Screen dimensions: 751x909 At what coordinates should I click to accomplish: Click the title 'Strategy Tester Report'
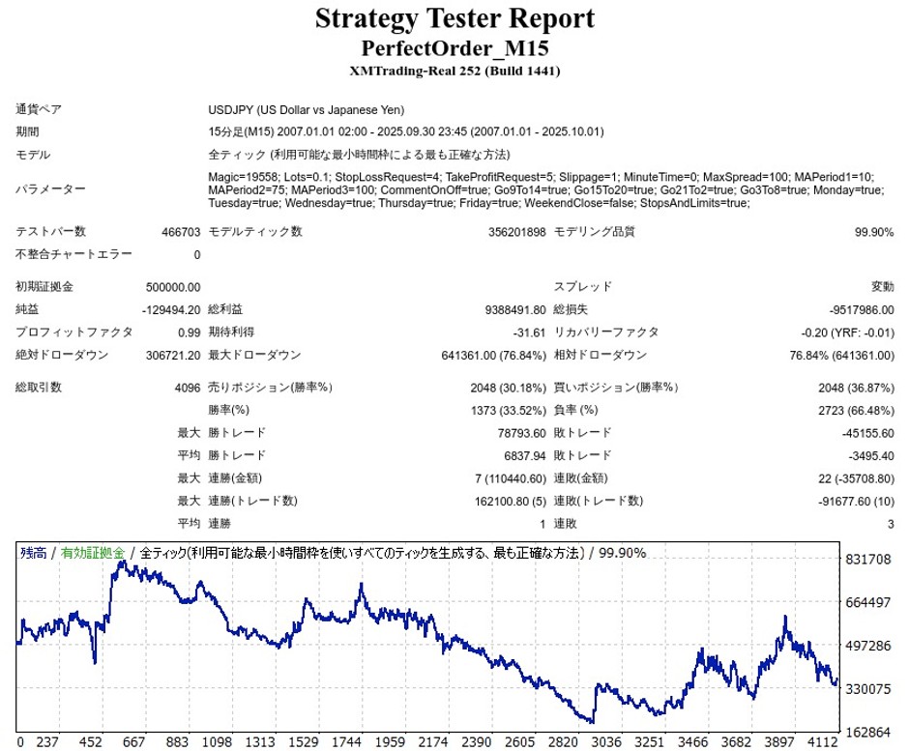pyautogui.click(x=454, y=19)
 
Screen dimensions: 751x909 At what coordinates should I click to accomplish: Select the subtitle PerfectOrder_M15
pyautogui.click(x=454, y=47)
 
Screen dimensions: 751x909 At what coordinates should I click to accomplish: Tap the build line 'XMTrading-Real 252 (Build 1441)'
pyautogui.click(x=454, y=71)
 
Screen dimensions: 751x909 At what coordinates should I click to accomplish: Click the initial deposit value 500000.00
pyautogui.click(x=172, y=287)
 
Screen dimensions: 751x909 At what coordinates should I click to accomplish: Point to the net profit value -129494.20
pyautogui.click(x=171, y=309)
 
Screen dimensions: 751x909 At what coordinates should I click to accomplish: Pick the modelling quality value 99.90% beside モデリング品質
pyautogui.click(x=871, y=232)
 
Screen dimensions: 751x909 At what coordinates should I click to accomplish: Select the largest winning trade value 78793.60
pyautogui.click(x=515, y=433)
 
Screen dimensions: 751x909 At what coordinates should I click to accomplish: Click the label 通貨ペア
pyautogui.click(x=39, y=109)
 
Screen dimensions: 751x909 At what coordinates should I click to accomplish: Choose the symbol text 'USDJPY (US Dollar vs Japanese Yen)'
pyautogui.click(x=307, y=109)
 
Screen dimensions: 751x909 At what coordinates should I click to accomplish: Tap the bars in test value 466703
pyautogui.click(x=181, y=232)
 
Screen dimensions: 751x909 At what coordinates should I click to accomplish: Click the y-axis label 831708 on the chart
pyautogui.click(x=867, y=561)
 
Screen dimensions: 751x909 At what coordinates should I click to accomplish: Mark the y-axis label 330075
pyautogui.click(x=867, y=689)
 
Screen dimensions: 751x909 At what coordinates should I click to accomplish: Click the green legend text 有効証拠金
pyautogui.click(x=92, y=553)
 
